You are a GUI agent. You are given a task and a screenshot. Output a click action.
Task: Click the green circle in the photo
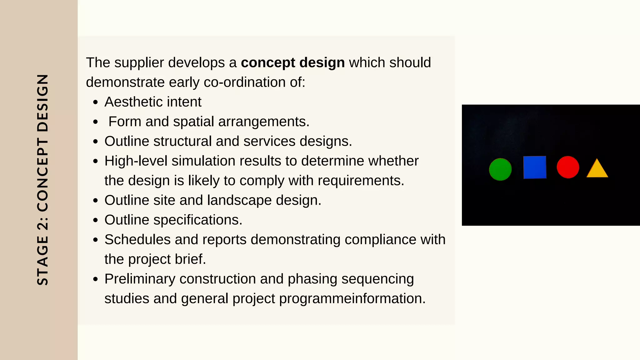click(500, 169)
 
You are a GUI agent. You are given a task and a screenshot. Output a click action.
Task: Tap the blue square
click(535, 167)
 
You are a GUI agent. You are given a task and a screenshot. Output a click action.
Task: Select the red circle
click(568, 167)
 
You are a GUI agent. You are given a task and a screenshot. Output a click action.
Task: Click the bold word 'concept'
click(268, 63)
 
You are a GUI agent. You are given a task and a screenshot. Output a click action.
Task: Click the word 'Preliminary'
click(140, 279)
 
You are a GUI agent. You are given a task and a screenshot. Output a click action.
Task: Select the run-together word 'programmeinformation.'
click(352, 299)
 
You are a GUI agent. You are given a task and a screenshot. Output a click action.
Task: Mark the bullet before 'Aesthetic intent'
click(96, 102)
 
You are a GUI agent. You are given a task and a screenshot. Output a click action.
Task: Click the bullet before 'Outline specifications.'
click(96, 220)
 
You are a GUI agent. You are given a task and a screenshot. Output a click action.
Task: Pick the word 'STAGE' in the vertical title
click(43, 260)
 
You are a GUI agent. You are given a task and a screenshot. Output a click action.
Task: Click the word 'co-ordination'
click(245, 82)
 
